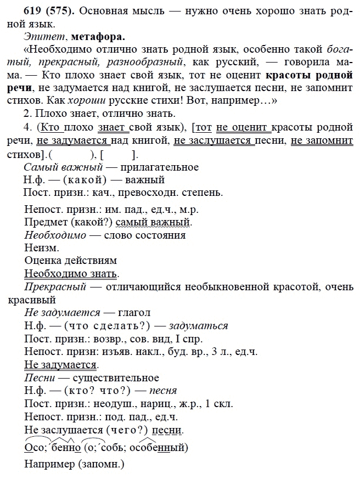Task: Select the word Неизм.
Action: coord(42,247)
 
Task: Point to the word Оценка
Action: coord(44,260)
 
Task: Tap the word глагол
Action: coord(132,312)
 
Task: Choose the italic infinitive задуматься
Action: coord(199,325)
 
